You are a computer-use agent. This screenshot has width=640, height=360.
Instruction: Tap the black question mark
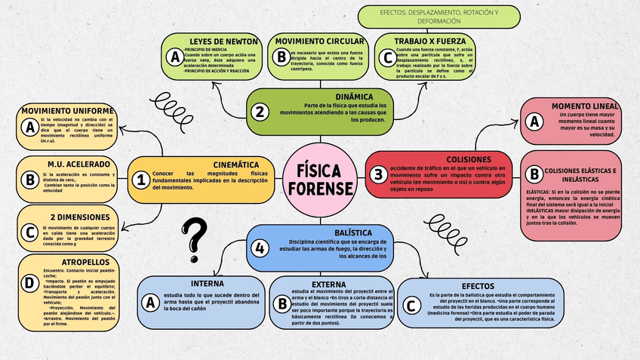(x=195, y=239)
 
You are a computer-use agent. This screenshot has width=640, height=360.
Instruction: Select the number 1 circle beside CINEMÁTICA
(x=140, y=180)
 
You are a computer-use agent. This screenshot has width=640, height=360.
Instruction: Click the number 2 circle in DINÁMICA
(x=260, y=112)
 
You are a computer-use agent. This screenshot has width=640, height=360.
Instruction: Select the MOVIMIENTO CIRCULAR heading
(x=320, y=41)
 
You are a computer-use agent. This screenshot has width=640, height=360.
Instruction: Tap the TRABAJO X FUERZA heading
(x=430, y=41)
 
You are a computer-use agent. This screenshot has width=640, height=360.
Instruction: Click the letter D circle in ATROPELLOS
(x=29, y=283)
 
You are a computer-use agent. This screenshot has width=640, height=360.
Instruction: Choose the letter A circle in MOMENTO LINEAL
(x=534, y=121)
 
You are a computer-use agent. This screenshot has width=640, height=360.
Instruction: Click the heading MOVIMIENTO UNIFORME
(x=67, y=110)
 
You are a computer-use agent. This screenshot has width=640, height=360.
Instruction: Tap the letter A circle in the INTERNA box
(x=150, y=303)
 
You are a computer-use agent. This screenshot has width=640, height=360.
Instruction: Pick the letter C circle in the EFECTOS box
(x=411, y=305)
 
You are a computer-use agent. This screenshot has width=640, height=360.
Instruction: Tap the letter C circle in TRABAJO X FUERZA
(x=388, y=57)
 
